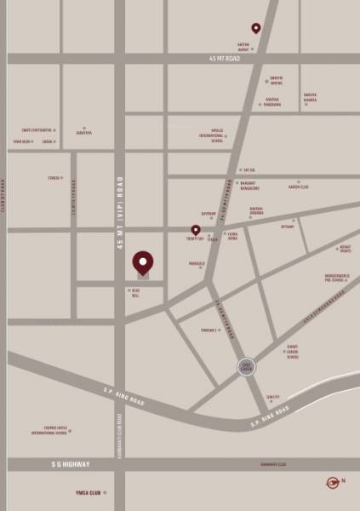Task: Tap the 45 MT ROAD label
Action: (x=226, y=59)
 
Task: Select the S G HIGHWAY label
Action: (x=66, y=464)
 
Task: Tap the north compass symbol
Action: (x=333, y=483)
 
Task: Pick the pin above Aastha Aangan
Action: (x=255, y=28)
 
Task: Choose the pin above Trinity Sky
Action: (x=196, y=230)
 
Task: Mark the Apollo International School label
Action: (x=211, y=135)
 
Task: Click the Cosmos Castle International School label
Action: (x=49, y=430)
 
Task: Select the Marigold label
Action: (x=197, y=264)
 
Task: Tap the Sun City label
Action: (x=272, y=397)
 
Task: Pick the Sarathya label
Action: (x=83, y=133)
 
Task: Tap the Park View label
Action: (x=21, y=141)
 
